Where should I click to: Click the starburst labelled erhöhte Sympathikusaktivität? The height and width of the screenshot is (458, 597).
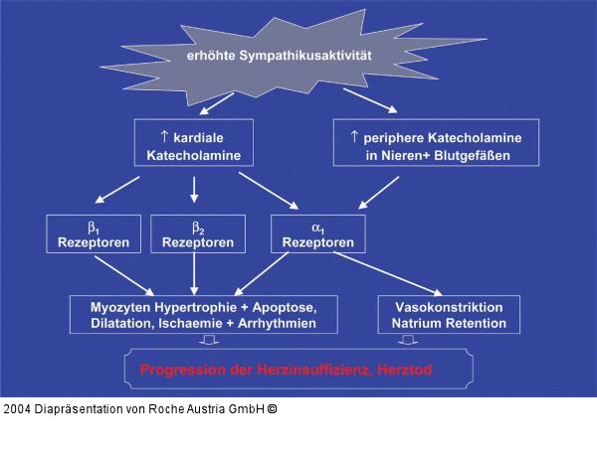coord(280,54)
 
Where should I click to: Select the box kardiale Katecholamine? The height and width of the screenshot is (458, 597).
coord(194,144)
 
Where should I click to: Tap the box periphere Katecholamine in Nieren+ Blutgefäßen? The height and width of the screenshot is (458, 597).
coord(434,144)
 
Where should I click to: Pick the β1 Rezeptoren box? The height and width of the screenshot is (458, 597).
coord(88,233)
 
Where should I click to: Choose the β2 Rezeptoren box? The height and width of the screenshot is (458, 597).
coord(197,233)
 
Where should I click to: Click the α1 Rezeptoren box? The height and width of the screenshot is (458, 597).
coord(317,233)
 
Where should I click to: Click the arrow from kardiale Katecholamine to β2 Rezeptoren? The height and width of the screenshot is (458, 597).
coord(194,190)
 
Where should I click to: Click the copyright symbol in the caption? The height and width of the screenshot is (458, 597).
coord(272,408)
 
